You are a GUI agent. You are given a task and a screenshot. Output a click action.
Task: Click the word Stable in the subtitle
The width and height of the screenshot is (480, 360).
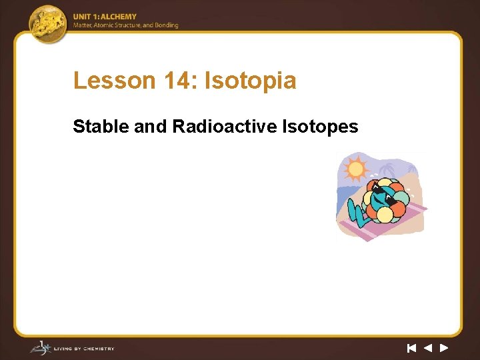pyautogui.click(x=101, y=126)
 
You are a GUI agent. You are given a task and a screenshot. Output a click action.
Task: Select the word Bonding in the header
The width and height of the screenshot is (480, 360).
pyautogui.click(x=167, y=25)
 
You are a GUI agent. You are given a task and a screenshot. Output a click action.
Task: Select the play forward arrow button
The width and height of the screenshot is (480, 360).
pyautogui.click(x=444, y=347)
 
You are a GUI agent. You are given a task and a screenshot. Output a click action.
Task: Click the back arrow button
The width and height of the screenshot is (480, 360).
pyautogui.click(x=428, y=347)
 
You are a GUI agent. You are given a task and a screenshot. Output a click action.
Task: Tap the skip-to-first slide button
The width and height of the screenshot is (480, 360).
pyautogui.click(x=411, y=347)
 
